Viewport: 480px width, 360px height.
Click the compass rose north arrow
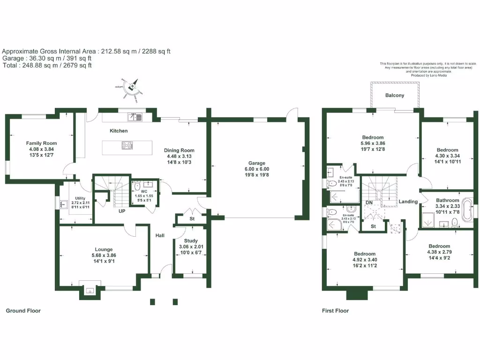[x=133, y=86]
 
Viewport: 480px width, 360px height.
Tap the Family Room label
[x=41, y=143]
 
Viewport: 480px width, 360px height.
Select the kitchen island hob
[x=127, y=145]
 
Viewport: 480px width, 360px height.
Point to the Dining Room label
[x=179, y=150]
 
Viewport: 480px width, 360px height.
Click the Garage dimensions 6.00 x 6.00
[x=256, y=169]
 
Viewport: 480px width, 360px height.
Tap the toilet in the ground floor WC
[x=137, y=187]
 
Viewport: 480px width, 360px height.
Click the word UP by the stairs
[x=121, y=211]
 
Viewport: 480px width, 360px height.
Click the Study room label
[x=191, y=241]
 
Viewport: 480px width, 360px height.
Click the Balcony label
[x=395, y=96]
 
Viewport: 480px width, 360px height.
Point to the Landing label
[x=408, y=202]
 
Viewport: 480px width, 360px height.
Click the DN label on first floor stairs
[x=369, y=202]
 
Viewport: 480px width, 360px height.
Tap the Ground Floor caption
[x=23, y=311]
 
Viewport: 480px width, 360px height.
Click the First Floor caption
[x=335, y=311]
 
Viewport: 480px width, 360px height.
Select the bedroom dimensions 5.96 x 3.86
[x=372, y=143]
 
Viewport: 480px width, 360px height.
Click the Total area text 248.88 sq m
[x=47, y=65]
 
